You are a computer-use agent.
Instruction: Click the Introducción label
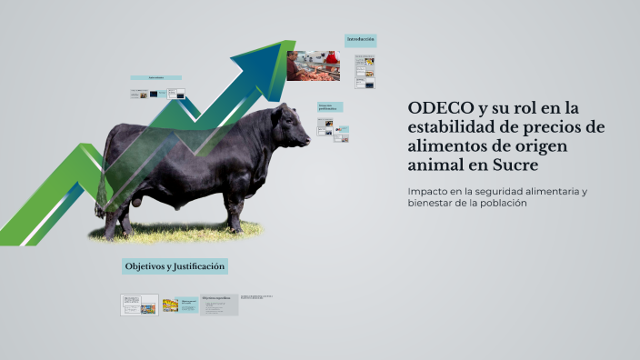pos(360,40)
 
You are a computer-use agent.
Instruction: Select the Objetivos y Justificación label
pos(174,266)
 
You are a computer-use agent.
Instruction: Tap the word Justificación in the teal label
pos(196,266)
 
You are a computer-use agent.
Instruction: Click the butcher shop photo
pos(314,66)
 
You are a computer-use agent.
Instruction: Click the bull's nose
pos(306,141)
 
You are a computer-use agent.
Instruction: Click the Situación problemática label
pos(329,107)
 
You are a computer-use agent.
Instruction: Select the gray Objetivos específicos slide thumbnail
pos(219,304)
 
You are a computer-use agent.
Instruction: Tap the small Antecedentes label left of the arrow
pos(155,78)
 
